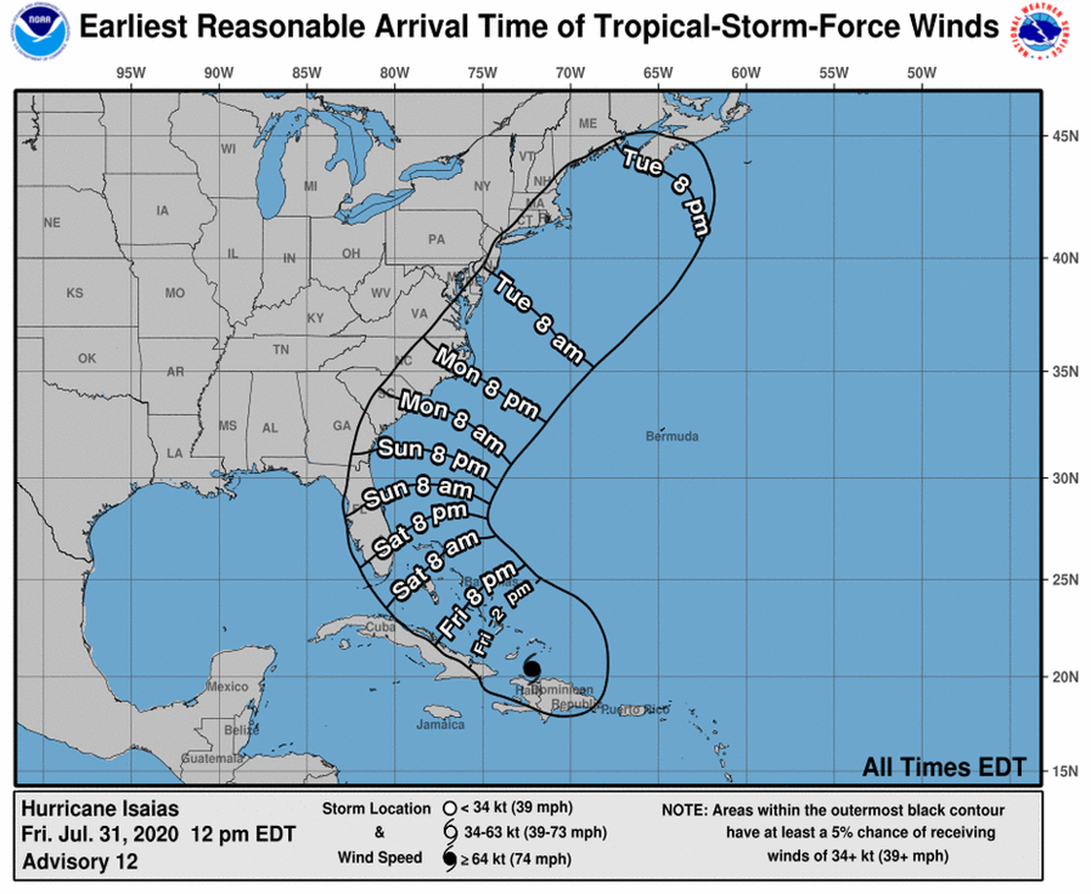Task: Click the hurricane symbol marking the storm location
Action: (x=532, y=668)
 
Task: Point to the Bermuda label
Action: (x=673, y=437)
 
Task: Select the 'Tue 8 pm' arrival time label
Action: (x=666, y=190)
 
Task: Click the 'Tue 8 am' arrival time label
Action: (x=539, y=319)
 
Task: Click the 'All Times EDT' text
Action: (x=944, y=767)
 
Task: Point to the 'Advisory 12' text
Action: (x=79, y=861)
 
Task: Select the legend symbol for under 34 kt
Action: (x=448, y=808)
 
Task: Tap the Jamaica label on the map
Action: (x=440, y=725)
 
